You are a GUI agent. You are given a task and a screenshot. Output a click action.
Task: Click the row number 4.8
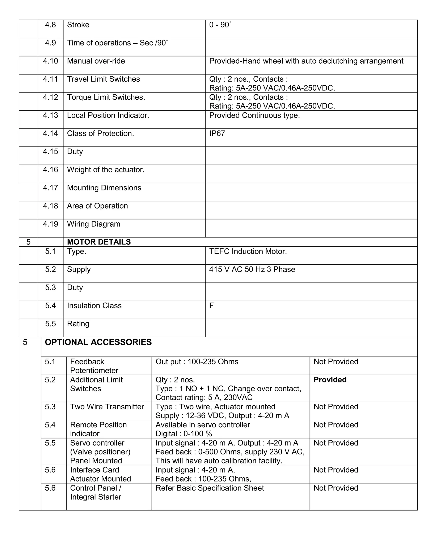point(50,25)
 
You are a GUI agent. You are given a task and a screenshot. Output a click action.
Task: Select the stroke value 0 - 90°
point(220,25)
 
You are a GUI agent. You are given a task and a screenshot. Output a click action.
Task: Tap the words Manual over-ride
point(96,61)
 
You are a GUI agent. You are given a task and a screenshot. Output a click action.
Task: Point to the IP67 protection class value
point(217,133)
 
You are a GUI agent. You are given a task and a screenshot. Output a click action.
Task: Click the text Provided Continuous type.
point(254,115)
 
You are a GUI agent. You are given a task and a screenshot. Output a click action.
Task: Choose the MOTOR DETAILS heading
point(99,242)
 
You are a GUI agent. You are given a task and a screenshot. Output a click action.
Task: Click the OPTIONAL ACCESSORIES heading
point(98,342)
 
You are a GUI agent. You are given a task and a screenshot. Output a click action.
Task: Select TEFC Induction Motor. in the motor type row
point(248,251)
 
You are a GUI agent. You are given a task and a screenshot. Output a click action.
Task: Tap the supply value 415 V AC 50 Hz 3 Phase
point(252,269)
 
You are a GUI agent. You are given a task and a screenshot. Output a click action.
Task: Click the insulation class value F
point(211,305)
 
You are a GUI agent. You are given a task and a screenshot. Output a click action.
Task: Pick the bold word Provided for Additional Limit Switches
point(330,380)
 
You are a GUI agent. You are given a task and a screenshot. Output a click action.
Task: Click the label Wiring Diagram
point(93,224)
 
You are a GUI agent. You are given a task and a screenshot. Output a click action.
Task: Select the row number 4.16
point(50,170)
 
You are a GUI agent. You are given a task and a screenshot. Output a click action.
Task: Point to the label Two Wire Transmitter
point(107,407)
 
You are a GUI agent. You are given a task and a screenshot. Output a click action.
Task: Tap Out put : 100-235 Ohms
point(197,362)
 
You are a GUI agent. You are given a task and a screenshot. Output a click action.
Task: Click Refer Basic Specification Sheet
point(210,488)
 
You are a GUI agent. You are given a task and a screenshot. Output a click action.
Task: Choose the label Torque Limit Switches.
point(106,97)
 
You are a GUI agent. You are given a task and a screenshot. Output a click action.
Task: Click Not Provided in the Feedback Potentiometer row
point(336,362)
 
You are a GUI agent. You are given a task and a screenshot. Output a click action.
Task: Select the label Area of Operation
point(97,206)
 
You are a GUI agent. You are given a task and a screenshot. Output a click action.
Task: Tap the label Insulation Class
point(94,305)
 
